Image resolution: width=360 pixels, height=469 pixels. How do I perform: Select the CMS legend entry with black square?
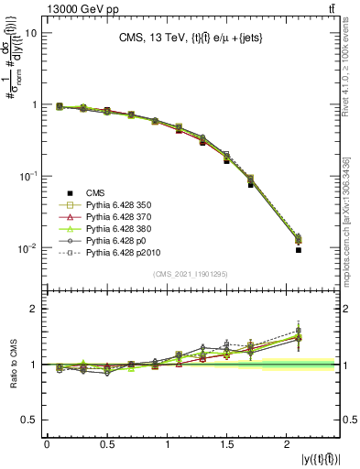point(95,191)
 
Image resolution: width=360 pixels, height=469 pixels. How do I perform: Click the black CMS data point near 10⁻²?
point(298,250)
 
